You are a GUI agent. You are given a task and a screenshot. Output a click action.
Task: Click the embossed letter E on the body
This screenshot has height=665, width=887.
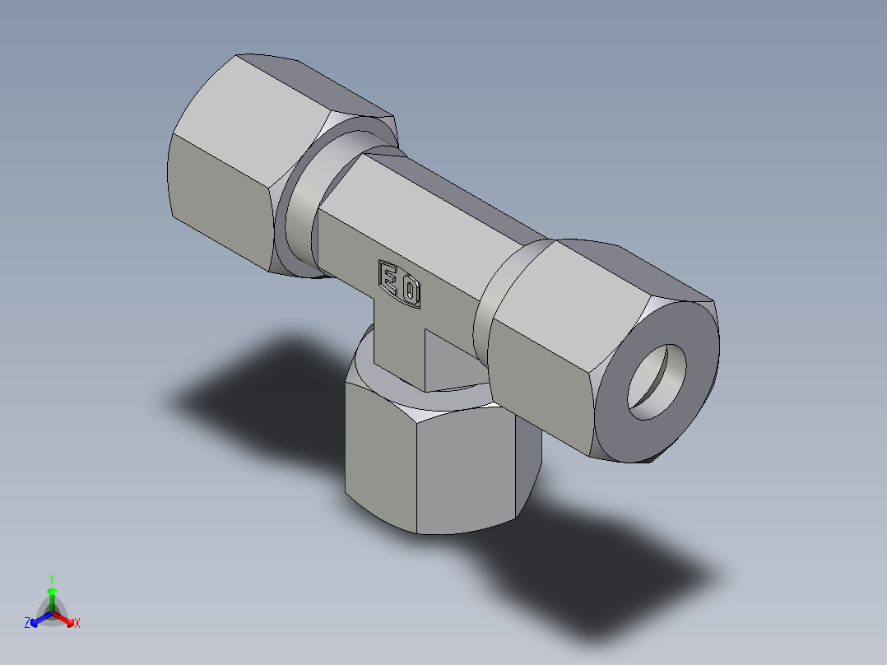point(388,277)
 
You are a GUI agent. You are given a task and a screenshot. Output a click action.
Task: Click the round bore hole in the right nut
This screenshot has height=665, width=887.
point(657,381)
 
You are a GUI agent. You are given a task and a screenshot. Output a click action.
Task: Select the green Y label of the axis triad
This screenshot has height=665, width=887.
point(51,578)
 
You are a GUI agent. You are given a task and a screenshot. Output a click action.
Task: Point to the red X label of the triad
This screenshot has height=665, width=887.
point(77,624)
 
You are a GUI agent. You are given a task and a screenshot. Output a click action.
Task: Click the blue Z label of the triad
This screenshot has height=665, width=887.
point(27,624)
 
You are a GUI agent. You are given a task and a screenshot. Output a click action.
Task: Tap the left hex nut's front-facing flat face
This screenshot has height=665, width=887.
point(218,198)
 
